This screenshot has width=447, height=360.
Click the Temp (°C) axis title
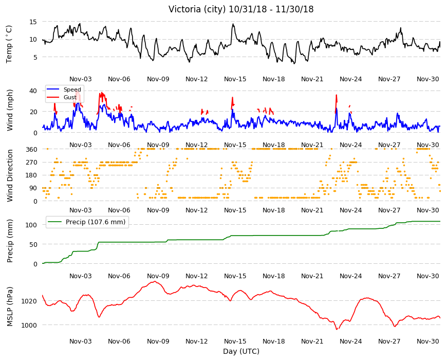[x=9, y=44]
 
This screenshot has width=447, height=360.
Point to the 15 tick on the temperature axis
[x=33, y=22]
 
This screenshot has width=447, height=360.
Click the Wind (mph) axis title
[x=10, y=110]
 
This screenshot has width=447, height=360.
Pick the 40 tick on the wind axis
[x=33, y=91]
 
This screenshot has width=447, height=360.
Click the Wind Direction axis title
[x=10, y=176]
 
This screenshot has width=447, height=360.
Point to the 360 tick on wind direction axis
[x=31, y=150]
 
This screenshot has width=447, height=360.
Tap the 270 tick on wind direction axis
[x=31, y=163]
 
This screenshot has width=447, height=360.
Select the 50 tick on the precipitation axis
[x=33, y=244]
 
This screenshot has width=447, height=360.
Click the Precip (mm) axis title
[x=10, y=241]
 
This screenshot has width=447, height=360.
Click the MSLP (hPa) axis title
[x=10, y=307]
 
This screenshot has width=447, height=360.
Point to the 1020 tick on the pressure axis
[x=29, y=301]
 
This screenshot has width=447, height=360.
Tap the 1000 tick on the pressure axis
[x=29, y=325]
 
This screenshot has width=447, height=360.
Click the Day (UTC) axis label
[x=241, y=351]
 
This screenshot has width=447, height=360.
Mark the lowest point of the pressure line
[x=337, y=330]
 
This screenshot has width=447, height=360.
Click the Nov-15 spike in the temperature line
[x=233, y=24]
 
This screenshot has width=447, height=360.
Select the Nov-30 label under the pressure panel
[x=427, y=341]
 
